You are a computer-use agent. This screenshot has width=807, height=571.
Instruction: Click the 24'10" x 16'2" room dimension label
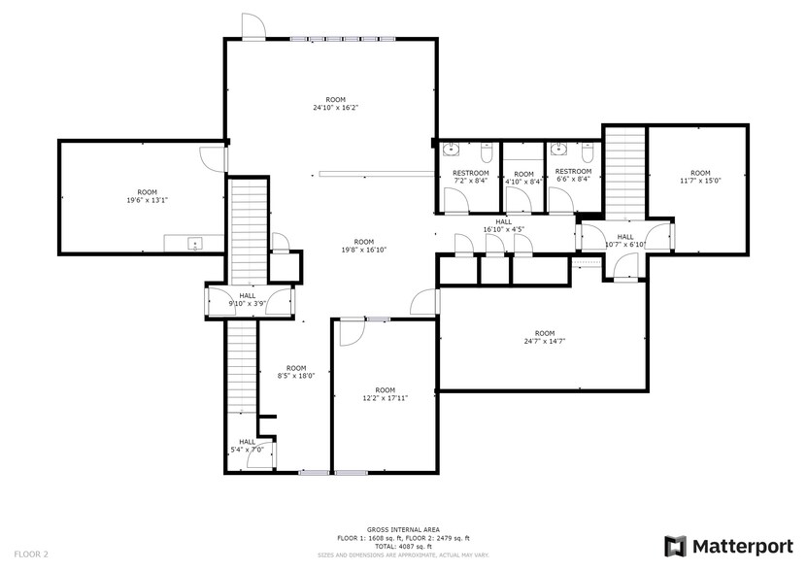click(335, 105)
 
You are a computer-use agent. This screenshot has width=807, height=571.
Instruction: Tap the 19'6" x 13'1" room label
click(147, 196)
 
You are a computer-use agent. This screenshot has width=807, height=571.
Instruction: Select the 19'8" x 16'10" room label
click(364, 246)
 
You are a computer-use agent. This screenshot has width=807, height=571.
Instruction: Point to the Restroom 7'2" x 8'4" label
click(471, 176)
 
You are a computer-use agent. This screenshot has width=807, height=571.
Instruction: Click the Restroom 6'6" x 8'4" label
click(573, 176)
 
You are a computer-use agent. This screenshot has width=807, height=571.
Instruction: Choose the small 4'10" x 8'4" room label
click(523, 178)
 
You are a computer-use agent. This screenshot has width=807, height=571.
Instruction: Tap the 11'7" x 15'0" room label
click(700, 176)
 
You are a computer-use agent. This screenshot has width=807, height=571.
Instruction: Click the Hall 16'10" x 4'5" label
click(503, 226)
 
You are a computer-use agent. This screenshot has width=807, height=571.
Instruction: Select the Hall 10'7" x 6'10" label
click(624, 241)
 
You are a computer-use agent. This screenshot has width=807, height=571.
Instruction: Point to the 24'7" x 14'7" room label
click(544, 337)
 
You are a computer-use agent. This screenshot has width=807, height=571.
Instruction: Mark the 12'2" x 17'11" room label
click(385, 394)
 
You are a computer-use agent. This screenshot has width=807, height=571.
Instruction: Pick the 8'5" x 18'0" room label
click(296, 372)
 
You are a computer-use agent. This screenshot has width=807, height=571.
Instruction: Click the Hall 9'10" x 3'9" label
click(247, 300)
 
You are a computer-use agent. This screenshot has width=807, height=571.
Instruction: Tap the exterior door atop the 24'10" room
click(252, 29)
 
